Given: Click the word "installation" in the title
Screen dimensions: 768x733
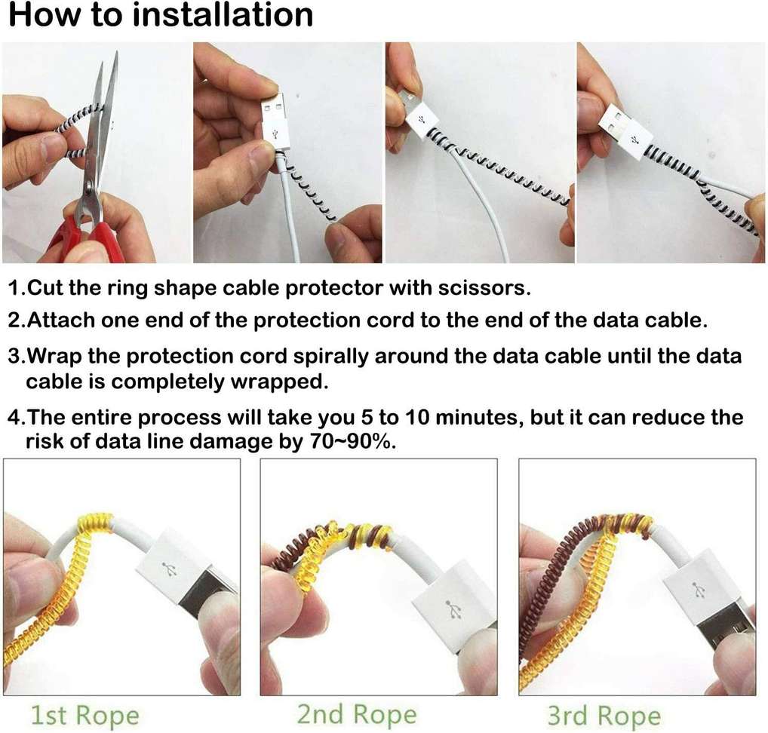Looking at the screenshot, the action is click(223, 14).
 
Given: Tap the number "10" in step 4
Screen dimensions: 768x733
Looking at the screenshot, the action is click(416, 417).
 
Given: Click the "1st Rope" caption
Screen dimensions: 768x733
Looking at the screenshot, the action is click(84, 716).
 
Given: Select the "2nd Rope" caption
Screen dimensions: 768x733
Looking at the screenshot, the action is click(357, 715).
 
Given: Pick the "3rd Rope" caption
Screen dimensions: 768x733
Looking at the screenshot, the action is click(604, 716).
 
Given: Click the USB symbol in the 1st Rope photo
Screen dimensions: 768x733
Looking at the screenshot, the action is click(170, 569).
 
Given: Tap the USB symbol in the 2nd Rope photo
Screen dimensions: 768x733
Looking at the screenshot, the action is click(455, 610).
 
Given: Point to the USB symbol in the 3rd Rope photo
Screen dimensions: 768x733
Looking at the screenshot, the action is click(698, 590).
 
